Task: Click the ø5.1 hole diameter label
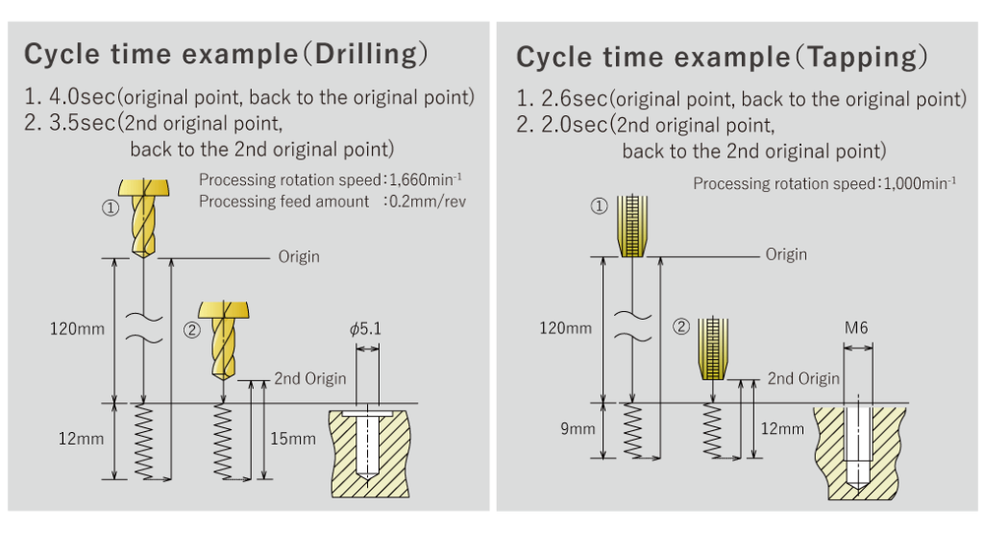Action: pyautogui.click(x=366, y=328)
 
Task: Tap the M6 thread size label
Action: pyautogui.click(x=856, y=328)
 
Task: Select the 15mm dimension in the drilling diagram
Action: pyautogui.click(x=292, y=439)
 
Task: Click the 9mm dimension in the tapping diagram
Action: pyautogui.click(x=578, y=428)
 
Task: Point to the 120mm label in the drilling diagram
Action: pyautogui.click(x=78, y=328)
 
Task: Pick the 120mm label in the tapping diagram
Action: pyautogui.click(x=565, y=328)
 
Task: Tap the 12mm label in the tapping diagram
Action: pyautogui.click(x=782, y=428)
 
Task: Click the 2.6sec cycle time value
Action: pyautogui.click(x=574, y=99)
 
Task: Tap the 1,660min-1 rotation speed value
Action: pyautogui.click(x=417, y=179)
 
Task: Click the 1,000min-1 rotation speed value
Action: pyautogui.click(x=909, y=183)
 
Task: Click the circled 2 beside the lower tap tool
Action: pyautogui.click(x=681, y=326)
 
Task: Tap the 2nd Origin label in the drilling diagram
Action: pyautogui.click(x=309, y=378)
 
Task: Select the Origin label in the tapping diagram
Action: pyautogui.click(x=786, y=254)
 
